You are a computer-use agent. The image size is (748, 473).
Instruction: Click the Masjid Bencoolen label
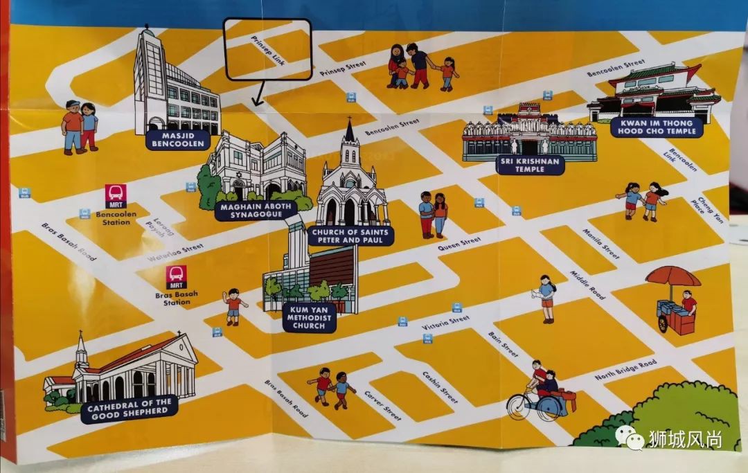coord(178,139)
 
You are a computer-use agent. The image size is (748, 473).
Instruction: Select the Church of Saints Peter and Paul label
coord(350,235)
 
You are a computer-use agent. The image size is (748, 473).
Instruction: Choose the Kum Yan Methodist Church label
coord(309,316)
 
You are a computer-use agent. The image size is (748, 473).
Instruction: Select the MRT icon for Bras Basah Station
coord(177,276)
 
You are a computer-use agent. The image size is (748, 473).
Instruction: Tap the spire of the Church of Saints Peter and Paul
coord(350,131)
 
